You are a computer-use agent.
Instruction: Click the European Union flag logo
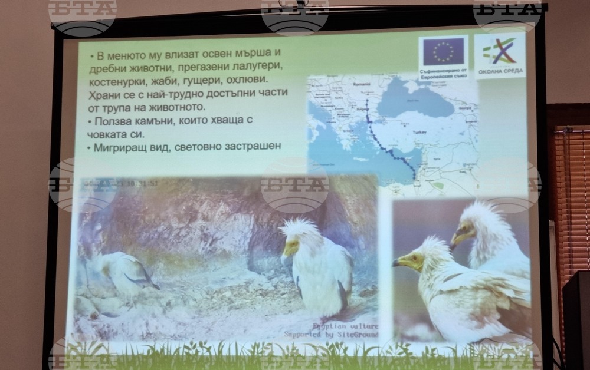443,51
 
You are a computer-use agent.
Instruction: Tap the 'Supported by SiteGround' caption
331,335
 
